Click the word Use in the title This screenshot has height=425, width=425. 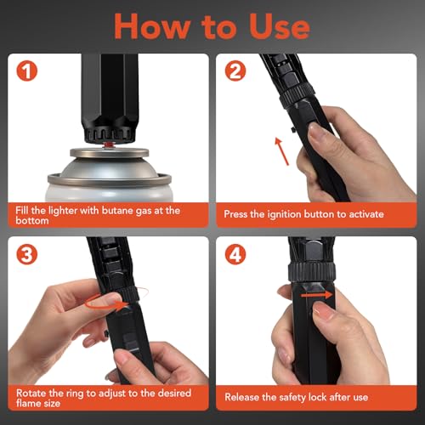279,26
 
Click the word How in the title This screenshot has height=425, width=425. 152,26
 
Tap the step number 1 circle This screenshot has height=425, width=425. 27,71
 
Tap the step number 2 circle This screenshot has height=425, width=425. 235,71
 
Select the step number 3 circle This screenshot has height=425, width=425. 27,254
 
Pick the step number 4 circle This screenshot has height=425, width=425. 235,254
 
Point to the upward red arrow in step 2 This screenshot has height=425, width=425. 282,151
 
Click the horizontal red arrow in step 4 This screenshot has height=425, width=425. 317,295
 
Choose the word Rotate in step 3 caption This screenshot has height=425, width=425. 31,394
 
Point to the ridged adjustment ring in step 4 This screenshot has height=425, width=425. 312,271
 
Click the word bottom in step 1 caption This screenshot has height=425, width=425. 32,221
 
